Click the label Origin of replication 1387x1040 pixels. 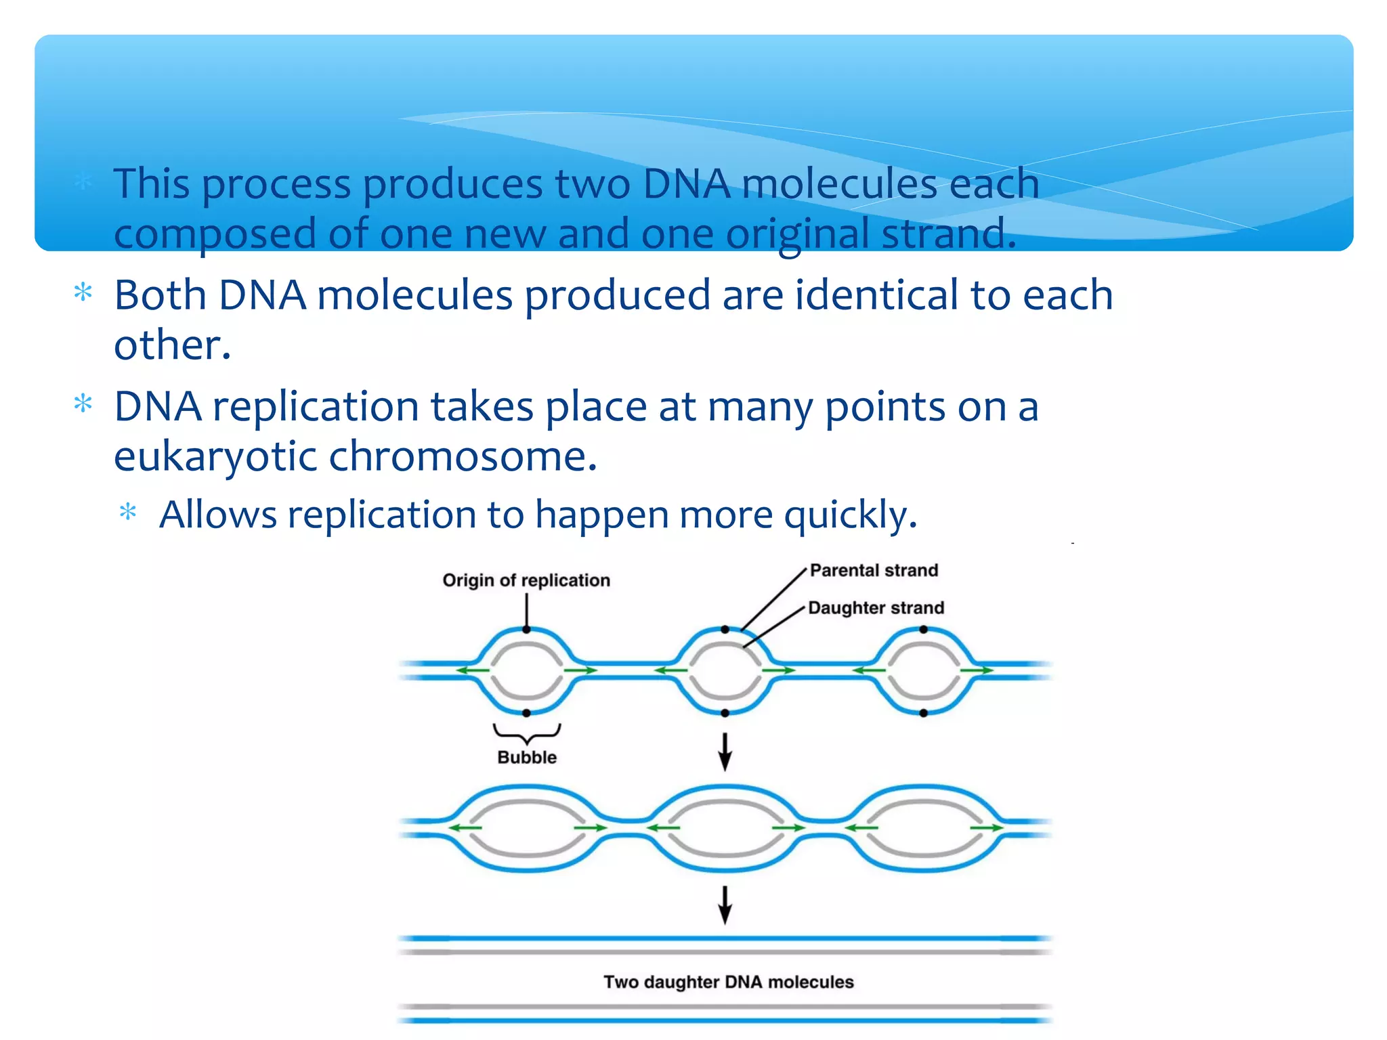(x=526, y=580)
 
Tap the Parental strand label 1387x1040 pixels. (x=874, y=570)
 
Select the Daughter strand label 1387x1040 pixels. (x=876, y=607)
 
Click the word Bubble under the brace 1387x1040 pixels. (x=527, y=757)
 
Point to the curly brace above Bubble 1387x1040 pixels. (x=527, y=733)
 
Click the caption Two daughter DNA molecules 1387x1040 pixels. (x=728, y=982)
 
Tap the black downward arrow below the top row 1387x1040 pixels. (x=725, y=752)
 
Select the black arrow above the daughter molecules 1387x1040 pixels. (x=725, y=905)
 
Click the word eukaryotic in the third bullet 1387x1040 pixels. (x=215, y=456)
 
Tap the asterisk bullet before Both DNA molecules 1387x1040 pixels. (x=83, y=293)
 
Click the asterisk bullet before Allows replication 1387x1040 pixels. (x=128, y=513)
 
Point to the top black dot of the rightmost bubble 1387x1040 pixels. (x=923, y=630)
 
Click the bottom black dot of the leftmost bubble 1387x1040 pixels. (x=527, y=713)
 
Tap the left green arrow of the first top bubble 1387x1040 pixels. (x=472, y=670)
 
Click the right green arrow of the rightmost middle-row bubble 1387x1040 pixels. (x=987, y=827)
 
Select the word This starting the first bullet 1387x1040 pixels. (x=151, y=183)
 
